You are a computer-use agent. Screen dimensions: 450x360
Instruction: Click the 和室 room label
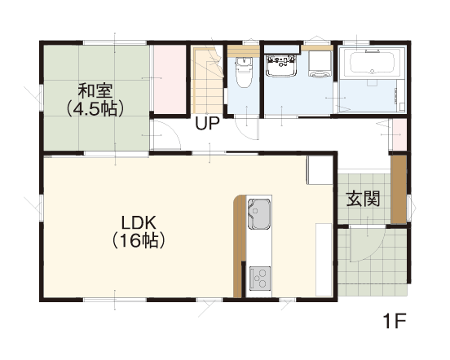click(x=95, y=90)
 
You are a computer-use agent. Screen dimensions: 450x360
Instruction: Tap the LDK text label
click(x=139, y=223)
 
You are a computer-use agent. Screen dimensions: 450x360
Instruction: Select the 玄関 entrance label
click(x=363, y=199)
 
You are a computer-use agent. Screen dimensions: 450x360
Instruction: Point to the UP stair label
click(x=207, y=123)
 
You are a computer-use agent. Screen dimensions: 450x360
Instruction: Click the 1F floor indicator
click(x=395, y=321)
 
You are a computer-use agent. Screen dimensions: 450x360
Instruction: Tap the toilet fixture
click(x=244, y=72)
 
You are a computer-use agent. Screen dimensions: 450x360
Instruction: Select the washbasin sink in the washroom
click(x=281, y=66)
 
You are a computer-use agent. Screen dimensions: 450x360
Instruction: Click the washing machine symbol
click(x=320, y=64)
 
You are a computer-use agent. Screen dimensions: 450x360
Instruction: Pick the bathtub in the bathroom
click(x=373, y=63)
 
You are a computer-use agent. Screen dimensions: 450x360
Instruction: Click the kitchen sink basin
click(x=259, y=214)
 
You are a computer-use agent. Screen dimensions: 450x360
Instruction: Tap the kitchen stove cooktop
click(x=260, y=278)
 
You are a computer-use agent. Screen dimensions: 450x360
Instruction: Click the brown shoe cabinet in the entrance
click(x=399, y=190)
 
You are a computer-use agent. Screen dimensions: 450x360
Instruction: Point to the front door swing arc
click(x=373, y=252)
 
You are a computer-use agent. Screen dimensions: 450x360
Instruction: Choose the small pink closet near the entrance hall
click(x=399, y=134)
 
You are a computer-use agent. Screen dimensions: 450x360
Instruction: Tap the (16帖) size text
click(x=139, y=241)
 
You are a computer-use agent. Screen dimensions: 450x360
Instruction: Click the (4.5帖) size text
click(x=95, y=108)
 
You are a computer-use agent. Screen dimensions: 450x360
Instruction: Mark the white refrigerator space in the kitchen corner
click(x=320, y=170)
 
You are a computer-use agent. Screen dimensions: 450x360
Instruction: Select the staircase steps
click(x=207, y=81)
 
